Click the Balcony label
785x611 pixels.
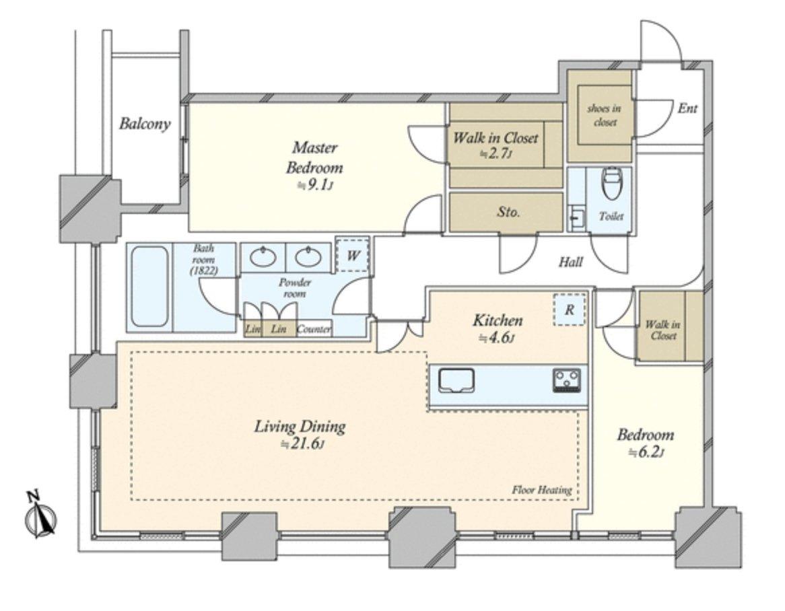coord(145,124)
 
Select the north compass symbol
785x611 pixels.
coord(42,517)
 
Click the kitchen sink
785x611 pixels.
coord(457,381)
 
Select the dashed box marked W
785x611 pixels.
coord(352,256)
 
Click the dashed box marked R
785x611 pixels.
coord(569,310)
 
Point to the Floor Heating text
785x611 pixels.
coord(541,490)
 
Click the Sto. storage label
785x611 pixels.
coord(508,213)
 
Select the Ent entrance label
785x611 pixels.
coord(687,108)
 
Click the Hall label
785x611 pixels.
coord(570,262)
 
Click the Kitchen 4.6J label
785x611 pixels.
coord(497,328)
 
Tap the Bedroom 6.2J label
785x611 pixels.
coord(645,443)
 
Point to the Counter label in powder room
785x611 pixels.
coord(313,330)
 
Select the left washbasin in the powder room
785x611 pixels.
coord(262,256)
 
